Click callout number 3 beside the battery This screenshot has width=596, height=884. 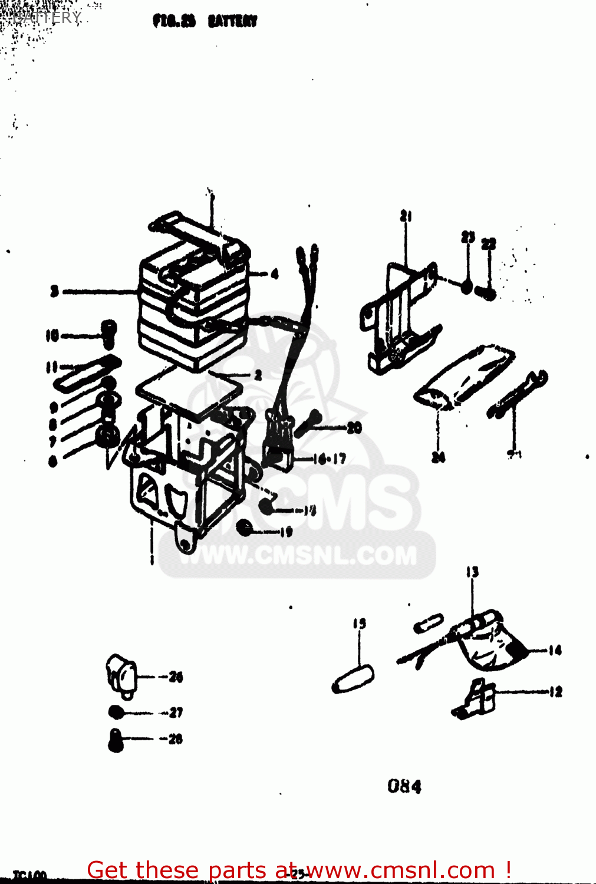coord(54,291)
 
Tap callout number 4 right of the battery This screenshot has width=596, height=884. coord(274,273)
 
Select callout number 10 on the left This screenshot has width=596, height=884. coord(52,336)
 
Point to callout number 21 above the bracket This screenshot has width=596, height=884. coord(406,216)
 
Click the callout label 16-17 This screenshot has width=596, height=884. coord(330,459)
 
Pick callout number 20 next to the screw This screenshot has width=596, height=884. coord(354,427)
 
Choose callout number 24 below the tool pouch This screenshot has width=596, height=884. coord(438,457)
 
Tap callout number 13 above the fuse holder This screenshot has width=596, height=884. coord(472,572)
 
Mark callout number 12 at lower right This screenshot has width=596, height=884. coord(555,692)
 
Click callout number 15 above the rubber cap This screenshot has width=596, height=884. coord(360,624)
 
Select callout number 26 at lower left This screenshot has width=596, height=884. coord(176,677)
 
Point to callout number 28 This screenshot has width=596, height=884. coord(175,739)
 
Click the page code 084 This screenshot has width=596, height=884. coord(404,786)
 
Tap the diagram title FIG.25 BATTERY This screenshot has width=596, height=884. coord(205,22)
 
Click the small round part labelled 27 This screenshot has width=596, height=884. coord(117,713)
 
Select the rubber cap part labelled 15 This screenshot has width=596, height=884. coord(353,679)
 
